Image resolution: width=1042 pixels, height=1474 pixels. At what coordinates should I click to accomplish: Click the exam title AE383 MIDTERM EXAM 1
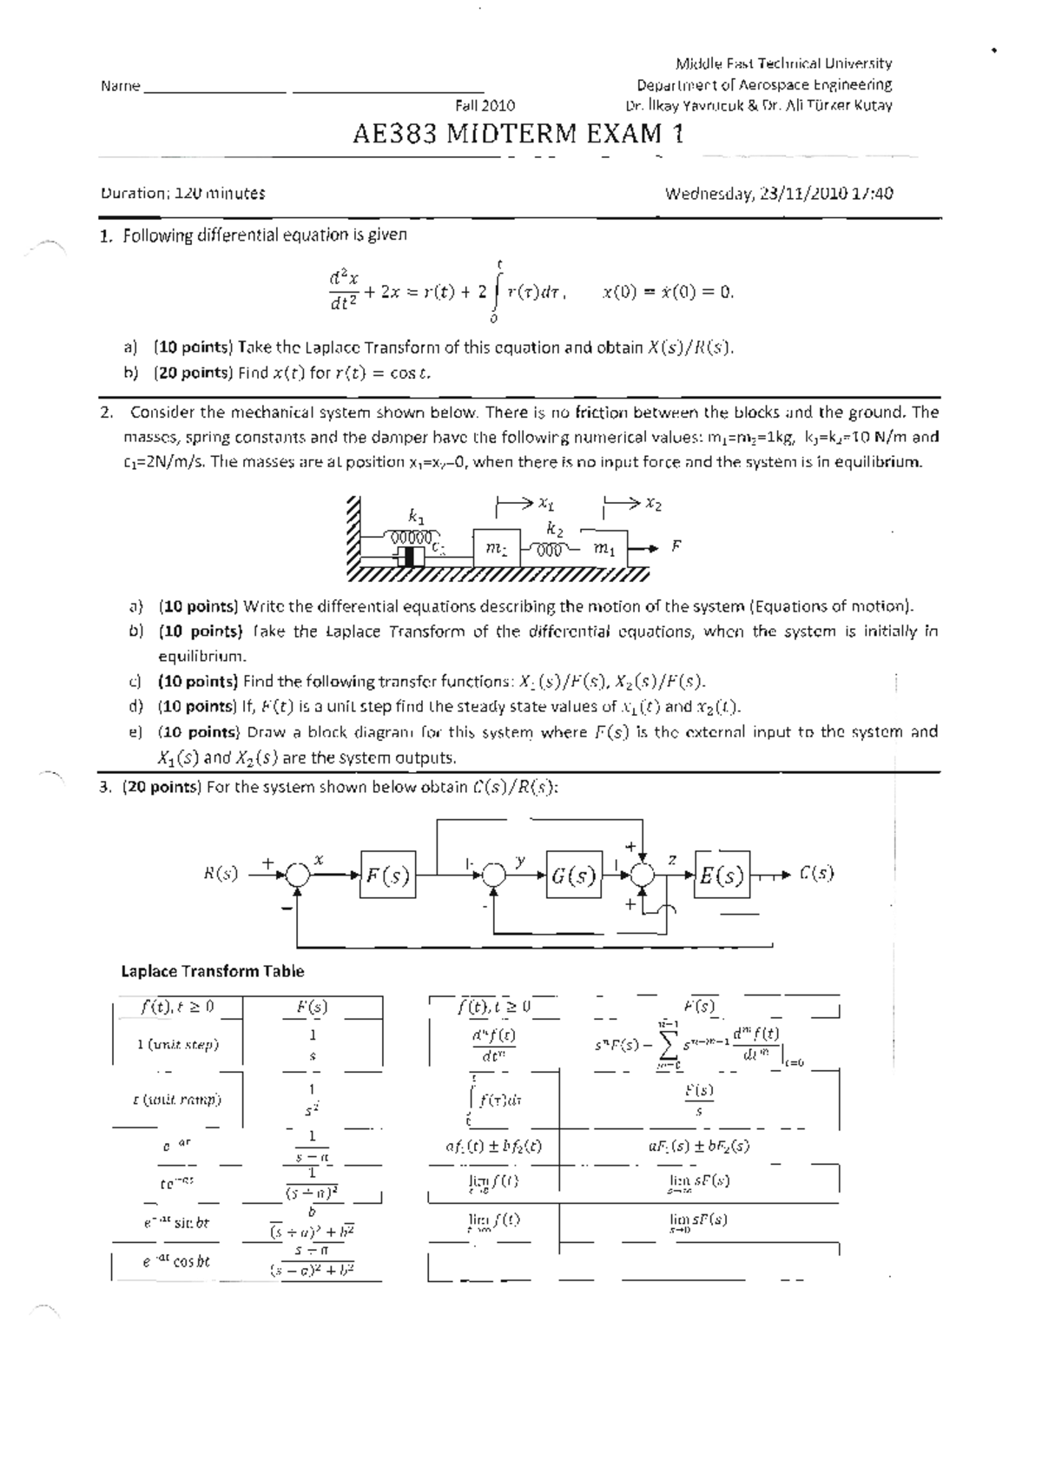click(x=518, y=134)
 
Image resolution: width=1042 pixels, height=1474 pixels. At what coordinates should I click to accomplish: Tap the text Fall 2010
click(x=485, y=106)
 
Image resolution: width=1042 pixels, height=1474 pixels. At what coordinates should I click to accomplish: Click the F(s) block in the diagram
click(x=387, y=876)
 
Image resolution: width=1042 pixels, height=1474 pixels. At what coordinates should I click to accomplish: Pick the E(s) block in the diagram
click(x=722, y=876)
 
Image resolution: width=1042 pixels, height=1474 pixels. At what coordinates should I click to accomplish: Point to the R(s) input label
click(x=221, y=874)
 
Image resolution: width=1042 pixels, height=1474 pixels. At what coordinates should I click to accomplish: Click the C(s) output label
click(x=816, y=873)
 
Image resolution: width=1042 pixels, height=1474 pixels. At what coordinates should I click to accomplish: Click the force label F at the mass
click(x=676, y=546)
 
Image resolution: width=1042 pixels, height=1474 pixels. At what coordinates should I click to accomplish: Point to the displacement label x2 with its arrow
click(x=632, y=504)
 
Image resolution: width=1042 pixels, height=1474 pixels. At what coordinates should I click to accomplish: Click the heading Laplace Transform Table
click(x=212, y=971)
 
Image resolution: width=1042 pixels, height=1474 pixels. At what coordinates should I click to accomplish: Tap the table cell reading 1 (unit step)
click(x=178, y=1044)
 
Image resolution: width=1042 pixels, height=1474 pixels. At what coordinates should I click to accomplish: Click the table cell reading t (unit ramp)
click(x=177, y=1099)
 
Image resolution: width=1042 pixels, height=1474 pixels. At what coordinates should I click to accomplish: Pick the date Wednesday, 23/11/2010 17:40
click(x=778, y=194)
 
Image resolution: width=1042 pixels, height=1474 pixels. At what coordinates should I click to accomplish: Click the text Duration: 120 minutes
click(x=182, y=194)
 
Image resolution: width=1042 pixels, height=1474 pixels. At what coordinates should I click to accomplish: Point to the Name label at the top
click(x=120, y=86)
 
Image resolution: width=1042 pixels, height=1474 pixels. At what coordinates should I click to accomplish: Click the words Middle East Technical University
click(x=783, y=63)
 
